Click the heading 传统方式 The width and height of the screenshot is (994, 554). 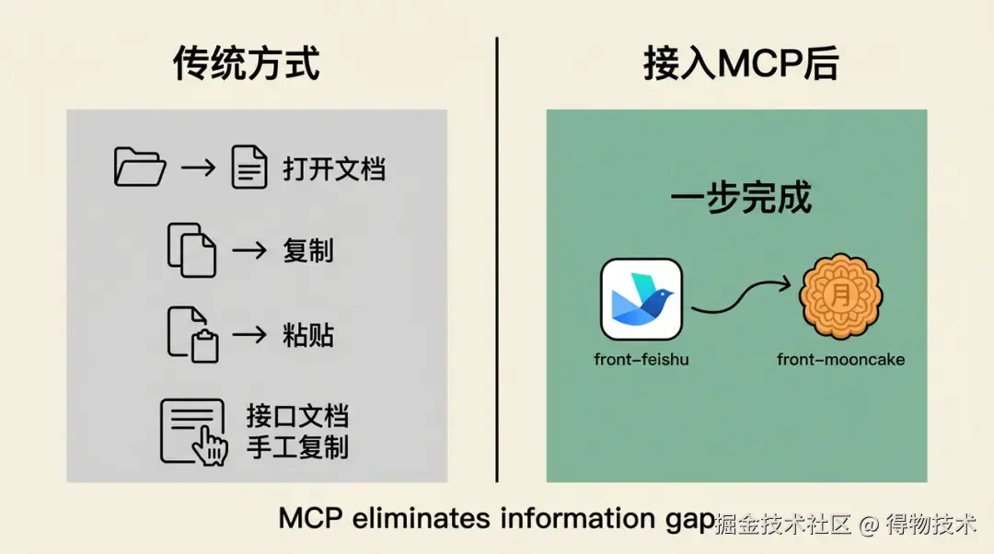(x=246, y=63)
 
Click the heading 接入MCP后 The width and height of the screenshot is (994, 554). (x=741, y=63)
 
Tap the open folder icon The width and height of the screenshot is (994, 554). (x=140, y=167)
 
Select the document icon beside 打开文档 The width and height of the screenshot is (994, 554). (x=249, y=167)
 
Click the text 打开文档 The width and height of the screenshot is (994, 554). (x=334, y=169)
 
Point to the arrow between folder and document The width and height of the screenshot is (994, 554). (x=199, y=167)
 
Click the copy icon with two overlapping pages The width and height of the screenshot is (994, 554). (x=191, y=249)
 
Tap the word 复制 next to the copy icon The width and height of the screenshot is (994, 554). (x=308, y=251)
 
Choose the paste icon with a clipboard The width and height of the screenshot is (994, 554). (x=192, y=335)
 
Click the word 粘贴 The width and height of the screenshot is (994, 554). (x=308, y=335)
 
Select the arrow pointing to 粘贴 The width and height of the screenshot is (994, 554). (x=249, y=334)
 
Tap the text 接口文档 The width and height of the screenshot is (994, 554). (x=297, y=417)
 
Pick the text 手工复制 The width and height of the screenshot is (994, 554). (x=297, y=447)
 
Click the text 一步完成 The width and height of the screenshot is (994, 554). (x=741, y=198)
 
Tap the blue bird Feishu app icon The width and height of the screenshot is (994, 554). (x=641, y=299)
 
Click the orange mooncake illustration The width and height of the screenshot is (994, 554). (x=840, y=296)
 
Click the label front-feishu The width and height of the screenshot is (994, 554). (x=641, y=360)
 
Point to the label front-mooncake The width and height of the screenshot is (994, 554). (x=840, y=360)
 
